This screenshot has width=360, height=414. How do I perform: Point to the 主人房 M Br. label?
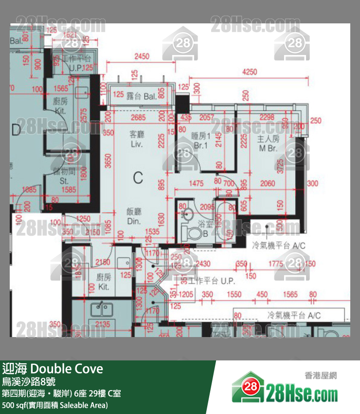pos(268,143)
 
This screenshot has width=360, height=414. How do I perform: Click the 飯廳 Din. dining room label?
pos(134,216)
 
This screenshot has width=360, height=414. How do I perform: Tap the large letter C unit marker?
pos(138,178)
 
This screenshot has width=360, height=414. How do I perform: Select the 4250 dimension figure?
pos(249,72)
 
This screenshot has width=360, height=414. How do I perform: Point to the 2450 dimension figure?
pos(142,56)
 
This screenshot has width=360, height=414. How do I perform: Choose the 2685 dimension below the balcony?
pos(139,117)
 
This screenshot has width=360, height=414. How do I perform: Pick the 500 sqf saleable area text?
pos(54,405)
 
